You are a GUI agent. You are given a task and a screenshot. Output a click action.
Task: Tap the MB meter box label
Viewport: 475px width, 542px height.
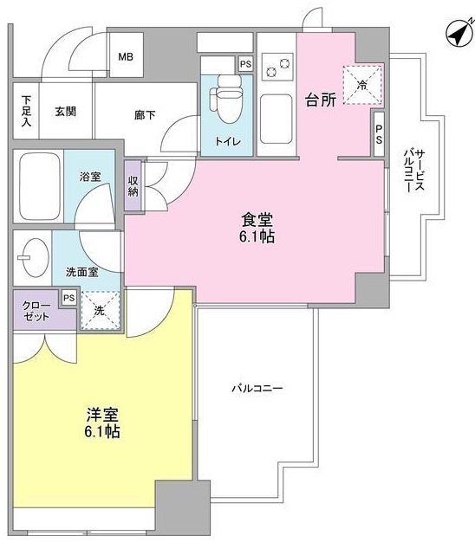click(x=126, y=56)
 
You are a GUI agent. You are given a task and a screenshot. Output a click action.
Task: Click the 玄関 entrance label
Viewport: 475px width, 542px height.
click(x=66, y=112)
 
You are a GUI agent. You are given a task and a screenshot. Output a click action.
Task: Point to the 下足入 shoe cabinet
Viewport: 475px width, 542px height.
click(x=26, y=111)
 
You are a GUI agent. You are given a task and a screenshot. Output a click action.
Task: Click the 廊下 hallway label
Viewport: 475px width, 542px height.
click(x=145, y=115)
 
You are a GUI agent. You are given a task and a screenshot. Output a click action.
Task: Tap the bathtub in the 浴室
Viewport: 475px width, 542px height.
click(x=39, y=186)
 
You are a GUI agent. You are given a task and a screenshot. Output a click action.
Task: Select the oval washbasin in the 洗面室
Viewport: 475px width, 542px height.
click(x=34, y=257)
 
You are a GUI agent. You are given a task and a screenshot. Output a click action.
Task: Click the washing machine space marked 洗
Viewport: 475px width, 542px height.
click(x=101, y=311)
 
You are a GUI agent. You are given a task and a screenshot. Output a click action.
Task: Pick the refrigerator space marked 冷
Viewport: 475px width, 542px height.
click(x=362, y=85)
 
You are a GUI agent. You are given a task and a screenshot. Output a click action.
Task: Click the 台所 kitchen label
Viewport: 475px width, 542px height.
click(x=321, y=100)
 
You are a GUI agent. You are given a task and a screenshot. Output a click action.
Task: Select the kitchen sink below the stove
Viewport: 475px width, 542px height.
click(x=277, y=119)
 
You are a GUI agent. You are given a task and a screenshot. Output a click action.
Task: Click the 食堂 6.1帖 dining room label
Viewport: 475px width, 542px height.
click(x=257, y=228)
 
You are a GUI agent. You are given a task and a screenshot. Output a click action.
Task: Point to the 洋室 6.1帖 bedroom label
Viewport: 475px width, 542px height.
click(x=103, y=423)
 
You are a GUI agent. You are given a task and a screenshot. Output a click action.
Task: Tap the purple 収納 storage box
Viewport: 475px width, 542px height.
click(x=133, y=185)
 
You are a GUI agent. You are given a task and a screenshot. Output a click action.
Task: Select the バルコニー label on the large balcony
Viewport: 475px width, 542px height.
click(x=257, y=388)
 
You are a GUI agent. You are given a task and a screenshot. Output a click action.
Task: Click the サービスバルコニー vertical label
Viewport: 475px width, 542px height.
click(x=415, y=171)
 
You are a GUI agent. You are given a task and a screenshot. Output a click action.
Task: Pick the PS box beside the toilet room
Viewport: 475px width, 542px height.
click(x=245, y=64)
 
